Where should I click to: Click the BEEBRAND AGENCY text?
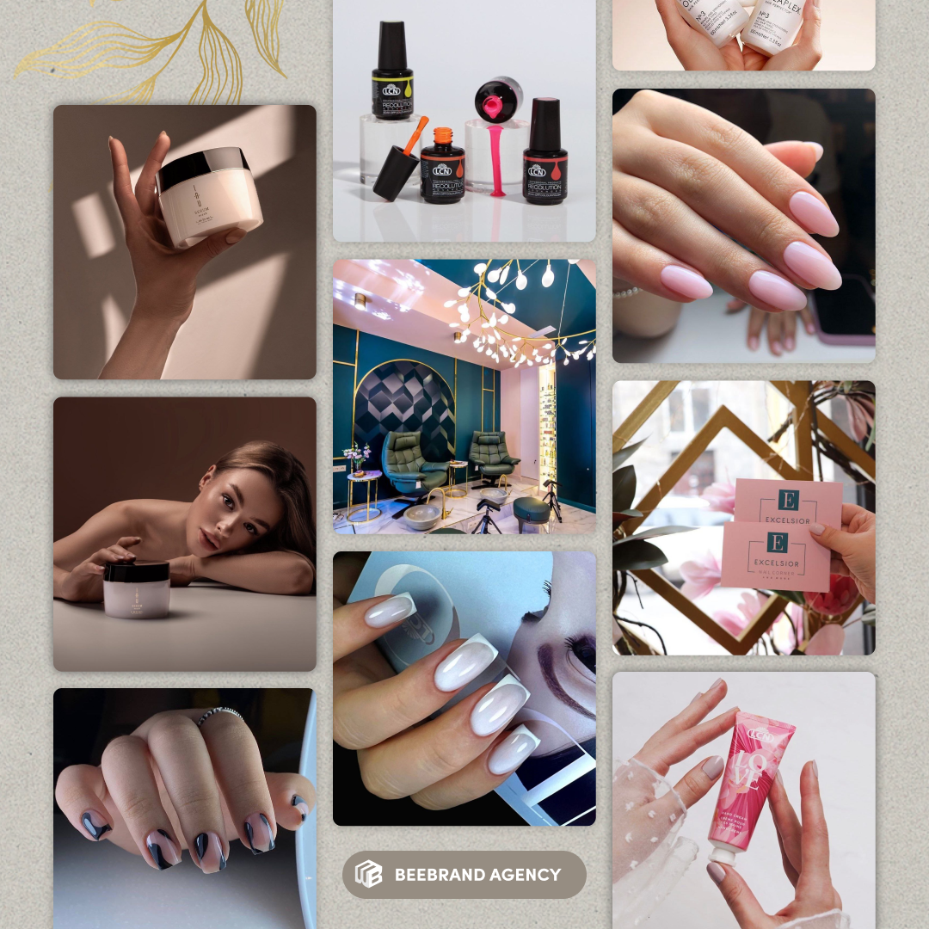(477, 875)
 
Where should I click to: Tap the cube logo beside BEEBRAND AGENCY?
(368, 875)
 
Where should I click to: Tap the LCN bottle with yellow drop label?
(392, 82)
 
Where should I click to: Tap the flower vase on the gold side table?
(355, 458)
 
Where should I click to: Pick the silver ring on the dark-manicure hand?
(218, 713)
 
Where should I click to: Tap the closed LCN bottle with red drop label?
(545, 153)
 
